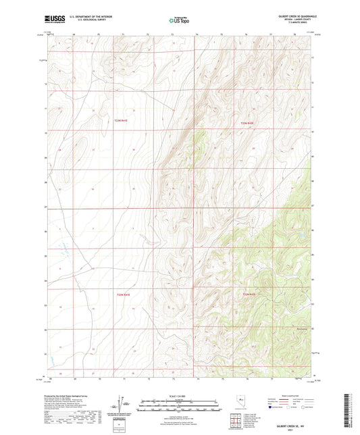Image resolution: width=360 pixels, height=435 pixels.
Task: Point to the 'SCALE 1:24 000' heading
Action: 180,396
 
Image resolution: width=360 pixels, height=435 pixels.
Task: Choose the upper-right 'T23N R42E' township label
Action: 249,123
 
